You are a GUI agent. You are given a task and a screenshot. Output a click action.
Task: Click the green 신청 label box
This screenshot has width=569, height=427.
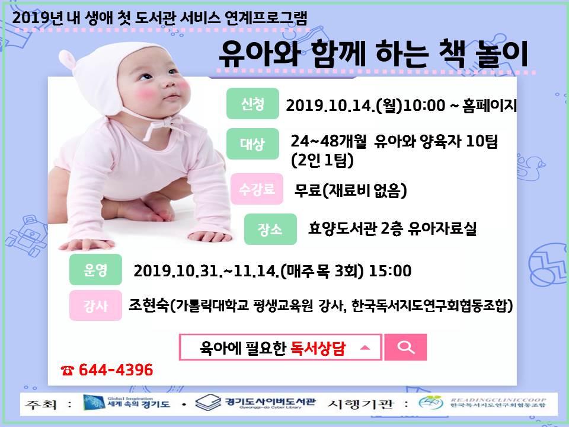252,103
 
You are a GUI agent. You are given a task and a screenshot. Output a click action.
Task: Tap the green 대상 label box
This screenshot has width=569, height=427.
252,144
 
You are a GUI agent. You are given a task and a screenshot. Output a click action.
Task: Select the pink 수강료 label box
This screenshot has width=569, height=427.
257,189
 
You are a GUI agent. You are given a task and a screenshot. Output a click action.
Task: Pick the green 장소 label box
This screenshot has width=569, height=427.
270,229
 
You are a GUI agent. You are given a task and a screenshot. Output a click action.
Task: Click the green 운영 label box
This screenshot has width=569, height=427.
95,269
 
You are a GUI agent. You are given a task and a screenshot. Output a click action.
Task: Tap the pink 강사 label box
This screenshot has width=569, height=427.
95,305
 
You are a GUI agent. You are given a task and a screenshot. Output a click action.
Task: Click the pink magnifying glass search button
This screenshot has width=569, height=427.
405,347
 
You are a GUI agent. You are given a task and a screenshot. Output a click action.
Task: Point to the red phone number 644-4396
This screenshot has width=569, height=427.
116,369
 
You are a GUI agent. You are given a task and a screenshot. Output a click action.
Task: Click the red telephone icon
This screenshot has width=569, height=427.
68,370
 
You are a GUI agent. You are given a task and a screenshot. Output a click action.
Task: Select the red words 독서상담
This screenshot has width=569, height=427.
318,348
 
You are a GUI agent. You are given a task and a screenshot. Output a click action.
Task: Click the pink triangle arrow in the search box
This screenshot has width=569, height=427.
365,348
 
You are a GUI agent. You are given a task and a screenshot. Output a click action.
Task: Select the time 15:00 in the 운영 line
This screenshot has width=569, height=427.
390,271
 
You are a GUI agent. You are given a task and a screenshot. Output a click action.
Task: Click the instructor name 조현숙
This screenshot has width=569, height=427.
149,305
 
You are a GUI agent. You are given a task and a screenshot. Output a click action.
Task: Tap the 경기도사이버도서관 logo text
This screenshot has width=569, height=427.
270,401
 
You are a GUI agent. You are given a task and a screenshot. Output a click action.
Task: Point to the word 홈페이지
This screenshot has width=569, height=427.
490,106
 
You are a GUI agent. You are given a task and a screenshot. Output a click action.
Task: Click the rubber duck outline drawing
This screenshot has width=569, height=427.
530,167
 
